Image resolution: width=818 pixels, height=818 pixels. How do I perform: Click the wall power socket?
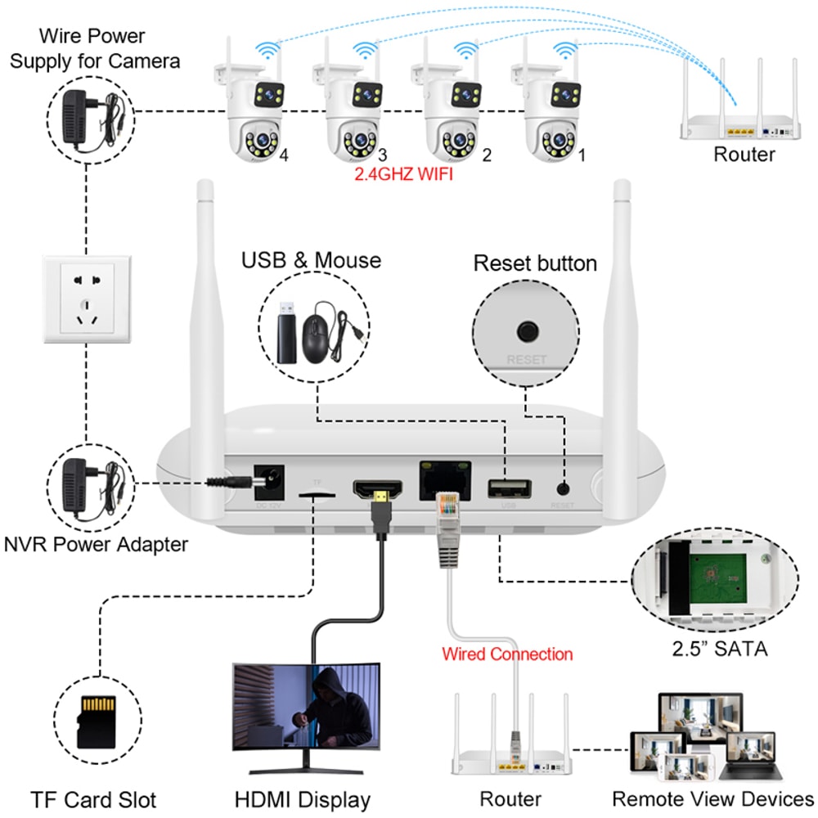(86, 298)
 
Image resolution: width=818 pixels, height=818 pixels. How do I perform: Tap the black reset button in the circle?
(525, 332)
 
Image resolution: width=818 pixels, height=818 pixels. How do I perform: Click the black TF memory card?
(93, 721)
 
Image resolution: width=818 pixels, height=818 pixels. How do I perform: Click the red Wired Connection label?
(507, 654)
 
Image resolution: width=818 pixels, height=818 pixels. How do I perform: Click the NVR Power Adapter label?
(97, 544)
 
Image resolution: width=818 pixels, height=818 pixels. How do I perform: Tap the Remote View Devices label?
(713, 799)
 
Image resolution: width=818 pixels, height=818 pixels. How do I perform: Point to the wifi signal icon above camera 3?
(366, 52)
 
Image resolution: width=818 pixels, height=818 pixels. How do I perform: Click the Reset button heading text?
(535, 264)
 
